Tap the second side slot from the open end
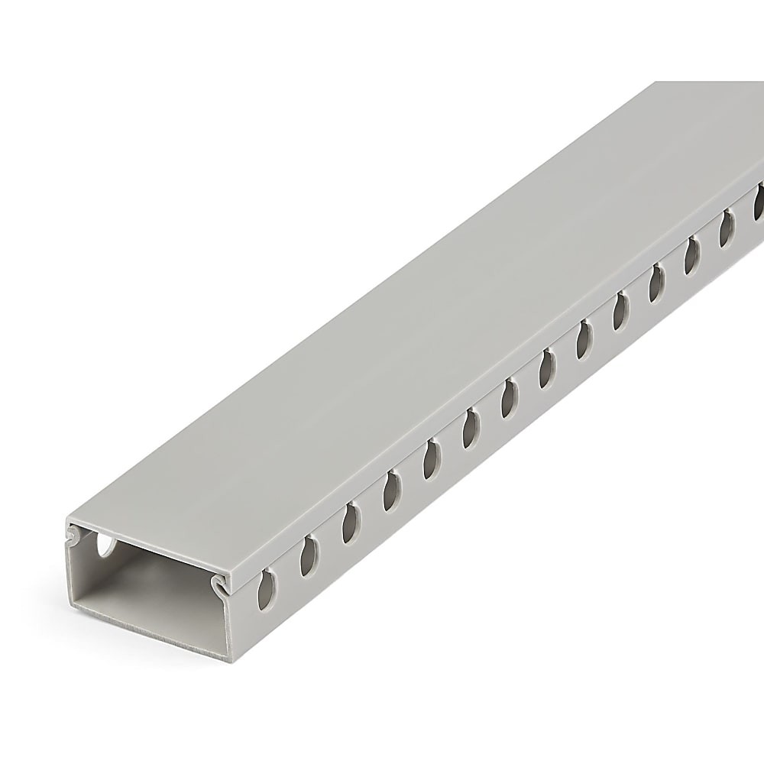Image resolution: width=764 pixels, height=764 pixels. pyautogui.click(x=309, y=555)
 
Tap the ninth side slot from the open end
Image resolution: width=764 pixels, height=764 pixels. pyautogui.click(x=584, y=339)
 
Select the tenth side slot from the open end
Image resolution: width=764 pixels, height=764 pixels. pyautogui.click(x=620, y=311)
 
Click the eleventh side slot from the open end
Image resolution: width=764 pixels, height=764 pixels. pyautogui.click(x=657, y=282)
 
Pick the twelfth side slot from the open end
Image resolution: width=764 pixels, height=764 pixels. pyautogui.click(x=692, y=254)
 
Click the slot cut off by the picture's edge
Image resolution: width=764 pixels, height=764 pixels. pyautogui.click(x=759, y=200)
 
